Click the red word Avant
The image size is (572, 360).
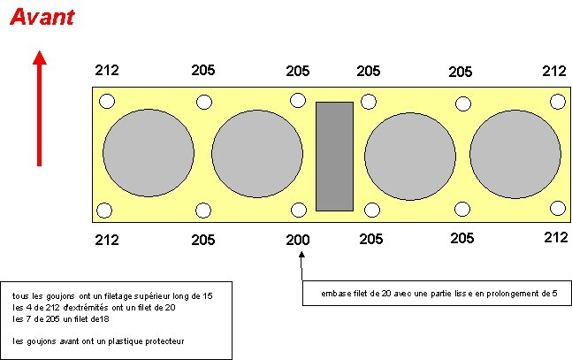point(42,17)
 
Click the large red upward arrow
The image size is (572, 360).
point(40,109)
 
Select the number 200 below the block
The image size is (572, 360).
point(298,240)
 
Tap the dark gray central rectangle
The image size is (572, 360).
point(334,157)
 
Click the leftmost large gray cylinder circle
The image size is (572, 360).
point(149,153)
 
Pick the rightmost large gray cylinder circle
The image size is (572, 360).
point(515,155)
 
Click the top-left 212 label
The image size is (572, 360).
point(107,70)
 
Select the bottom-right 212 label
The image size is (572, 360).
point(556,237)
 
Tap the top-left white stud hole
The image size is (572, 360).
point(107,101)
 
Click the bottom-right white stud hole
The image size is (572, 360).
point(558,208)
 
